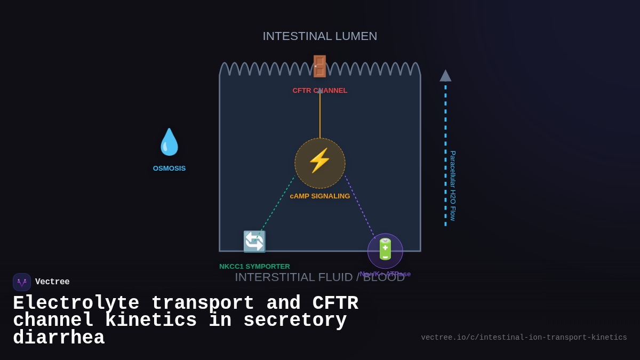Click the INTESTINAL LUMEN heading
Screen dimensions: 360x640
click(319, 36)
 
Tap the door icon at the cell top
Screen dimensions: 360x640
click(319, 66)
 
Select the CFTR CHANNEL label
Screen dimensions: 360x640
click(319, 91)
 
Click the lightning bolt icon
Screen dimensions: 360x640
click(319, 161)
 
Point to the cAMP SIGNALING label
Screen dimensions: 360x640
click(319, 196)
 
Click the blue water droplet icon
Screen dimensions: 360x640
click(169, 142)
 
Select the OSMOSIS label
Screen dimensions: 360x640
click(169, 169)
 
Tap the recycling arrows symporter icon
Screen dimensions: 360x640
click(254, 242)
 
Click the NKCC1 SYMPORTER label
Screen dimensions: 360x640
click(254, 267)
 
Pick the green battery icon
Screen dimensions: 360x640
click(385, 250)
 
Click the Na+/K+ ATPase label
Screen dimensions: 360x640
click(385, 274)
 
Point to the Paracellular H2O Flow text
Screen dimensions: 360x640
click(453, 186)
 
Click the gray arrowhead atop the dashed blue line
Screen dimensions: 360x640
click(445, 76)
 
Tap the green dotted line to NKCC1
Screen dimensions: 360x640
click(275, 207)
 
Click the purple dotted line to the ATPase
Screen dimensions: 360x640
click(360, 207)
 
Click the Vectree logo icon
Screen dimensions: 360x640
click(22, 282)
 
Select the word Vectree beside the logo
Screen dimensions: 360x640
click(52, 282)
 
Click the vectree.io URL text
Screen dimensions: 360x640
click(524, 338)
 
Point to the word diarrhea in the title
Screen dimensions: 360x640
click(59, 338)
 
